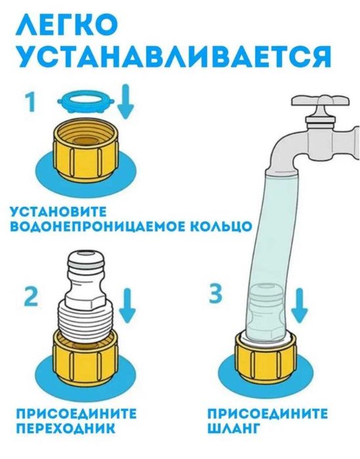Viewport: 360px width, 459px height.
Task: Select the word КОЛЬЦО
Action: [217, 227]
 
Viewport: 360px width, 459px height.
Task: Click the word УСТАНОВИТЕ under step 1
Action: [58, 212]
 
